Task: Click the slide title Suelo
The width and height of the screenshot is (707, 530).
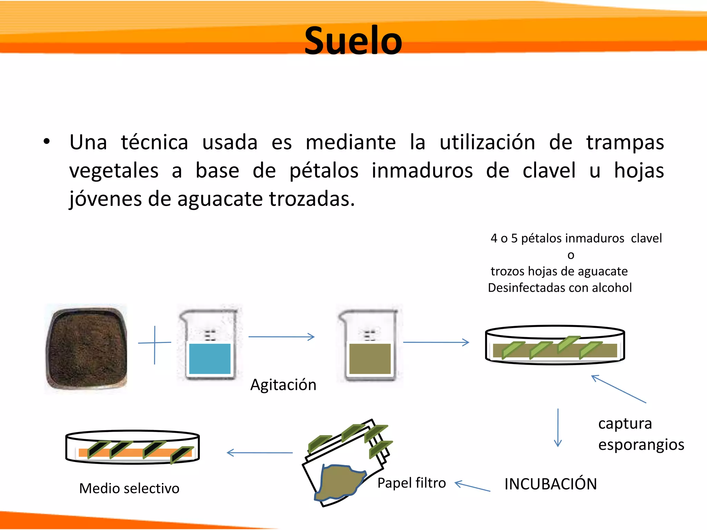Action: (x=353, y=41)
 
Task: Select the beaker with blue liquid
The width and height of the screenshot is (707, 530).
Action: (x=210, y=345)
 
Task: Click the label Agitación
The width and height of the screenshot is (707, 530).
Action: (x=283, y=385)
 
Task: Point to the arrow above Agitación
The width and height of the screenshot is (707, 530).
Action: (x=281, y=337)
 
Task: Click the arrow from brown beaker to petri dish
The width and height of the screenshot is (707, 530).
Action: (x=436, y=342)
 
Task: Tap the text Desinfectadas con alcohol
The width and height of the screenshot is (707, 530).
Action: (x=560, y=288)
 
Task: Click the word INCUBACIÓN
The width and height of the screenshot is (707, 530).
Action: (x=550, y=484)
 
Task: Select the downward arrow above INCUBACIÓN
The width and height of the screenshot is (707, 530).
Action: (x=558, y=428)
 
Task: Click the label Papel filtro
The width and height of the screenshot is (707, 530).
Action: (x=411, y=483)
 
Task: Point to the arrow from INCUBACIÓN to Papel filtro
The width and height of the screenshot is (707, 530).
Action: (x=472, y=487)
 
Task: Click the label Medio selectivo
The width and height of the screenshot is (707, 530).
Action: (x=129, y=489)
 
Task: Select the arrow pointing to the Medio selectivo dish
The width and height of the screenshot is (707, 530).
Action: (x=260, y=453)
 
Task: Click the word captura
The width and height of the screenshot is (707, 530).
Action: (x=625, y=424)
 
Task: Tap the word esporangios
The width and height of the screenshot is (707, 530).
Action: (x=641, y=445)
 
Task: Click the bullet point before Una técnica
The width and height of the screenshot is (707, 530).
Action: (x=47, y=142)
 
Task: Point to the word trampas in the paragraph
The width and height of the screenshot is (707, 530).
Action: (x=625, y=143)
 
